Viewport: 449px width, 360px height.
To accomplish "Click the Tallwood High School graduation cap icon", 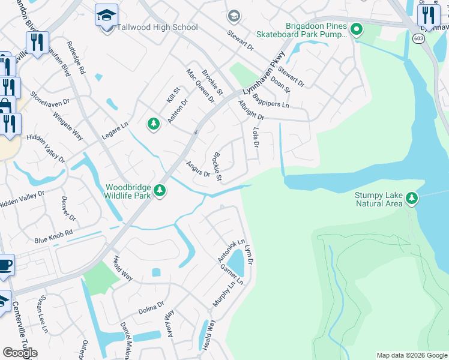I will click(x=106, y=15).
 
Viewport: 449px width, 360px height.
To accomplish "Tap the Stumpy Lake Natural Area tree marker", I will click(x=411, y=197).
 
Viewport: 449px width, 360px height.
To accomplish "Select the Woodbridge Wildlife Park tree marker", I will click(x=159, y=190).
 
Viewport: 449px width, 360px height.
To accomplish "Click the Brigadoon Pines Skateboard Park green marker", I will click(x=357, y=28).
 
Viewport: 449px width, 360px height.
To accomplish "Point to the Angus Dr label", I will click(x=197, y=169).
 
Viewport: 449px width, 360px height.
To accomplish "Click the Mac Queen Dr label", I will click(x=200, y=85).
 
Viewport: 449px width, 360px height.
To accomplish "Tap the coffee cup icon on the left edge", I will click(x=5, y=264).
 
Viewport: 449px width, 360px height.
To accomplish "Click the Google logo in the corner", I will click(x=20, y=353).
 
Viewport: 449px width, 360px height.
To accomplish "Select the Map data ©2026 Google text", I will click(x=411, y=355).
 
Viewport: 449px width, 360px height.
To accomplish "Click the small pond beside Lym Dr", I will click(x=237, y=262).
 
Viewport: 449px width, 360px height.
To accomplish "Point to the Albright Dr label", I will click(x=251, y=110).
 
